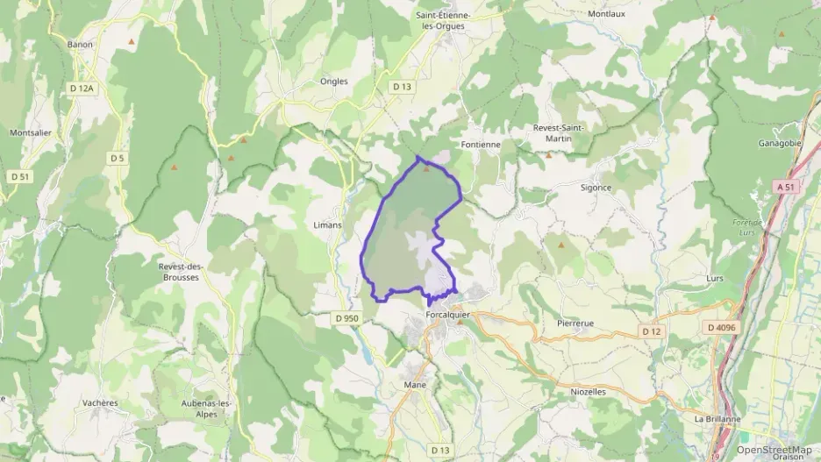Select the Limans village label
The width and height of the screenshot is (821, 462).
pos(327,224)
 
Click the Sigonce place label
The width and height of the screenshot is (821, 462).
pos(596,188)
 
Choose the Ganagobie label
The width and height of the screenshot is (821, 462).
pos(782,143)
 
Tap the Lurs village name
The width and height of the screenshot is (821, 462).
pos(715,278)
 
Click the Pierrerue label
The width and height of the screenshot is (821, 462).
pos(575,323)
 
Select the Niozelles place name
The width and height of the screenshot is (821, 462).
pos(588,392)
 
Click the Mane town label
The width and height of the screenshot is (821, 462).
pos(415,384)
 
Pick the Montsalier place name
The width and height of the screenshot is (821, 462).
pos(30,132)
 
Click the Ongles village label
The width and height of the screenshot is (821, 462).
pos(334,82)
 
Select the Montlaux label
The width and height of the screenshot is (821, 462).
pos(607,15)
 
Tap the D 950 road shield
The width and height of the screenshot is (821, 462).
pos(347,317)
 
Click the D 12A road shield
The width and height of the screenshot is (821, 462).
pos(81,88)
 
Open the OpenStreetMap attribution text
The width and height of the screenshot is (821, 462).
pos(774,450)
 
